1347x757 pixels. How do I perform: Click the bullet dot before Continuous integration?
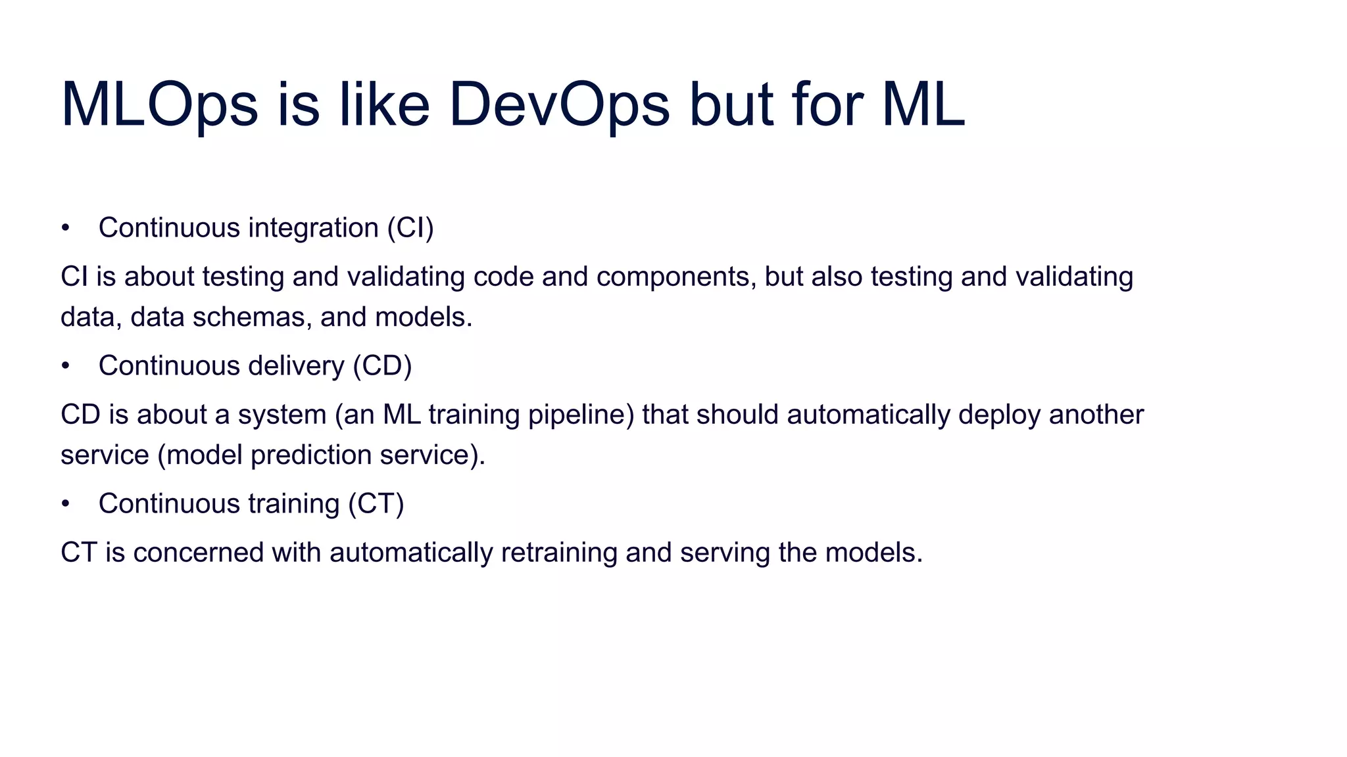pos(65,228)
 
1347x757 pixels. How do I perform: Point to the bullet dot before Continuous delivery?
pos(65,366)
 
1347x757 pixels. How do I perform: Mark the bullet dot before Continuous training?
pos(65,504)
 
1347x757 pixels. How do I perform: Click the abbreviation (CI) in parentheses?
pos(410,228)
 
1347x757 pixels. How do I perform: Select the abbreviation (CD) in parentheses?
pos(382,366)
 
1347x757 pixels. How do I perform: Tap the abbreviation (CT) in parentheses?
pos(376,504)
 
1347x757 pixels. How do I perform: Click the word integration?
pos(313,228)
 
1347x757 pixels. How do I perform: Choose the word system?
pos(282,415)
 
